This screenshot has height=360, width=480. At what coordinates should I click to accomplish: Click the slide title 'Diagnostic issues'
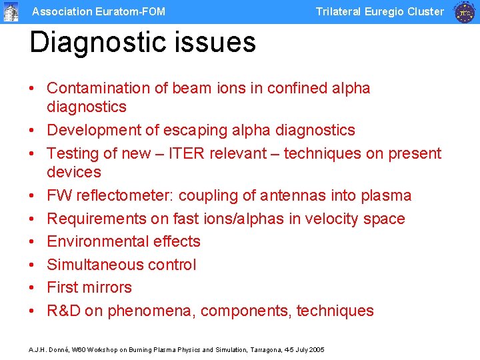[x=143, y=43]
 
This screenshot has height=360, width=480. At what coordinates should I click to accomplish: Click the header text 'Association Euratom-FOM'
[x=99, y=11]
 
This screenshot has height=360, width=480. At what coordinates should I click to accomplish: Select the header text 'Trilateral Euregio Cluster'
[x=379, y=11]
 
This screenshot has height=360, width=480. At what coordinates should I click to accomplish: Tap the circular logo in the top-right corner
[x=465, y=12]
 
